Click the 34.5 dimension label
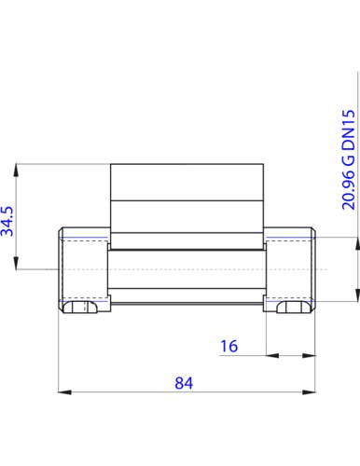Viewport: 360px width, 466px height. tap(7, 221)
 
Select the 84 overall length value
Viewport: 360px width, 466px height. tap(184, 383)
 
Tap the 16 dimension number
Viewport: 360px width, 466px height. tap(229, 346)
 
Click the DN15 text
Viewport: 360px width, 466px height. tap(348, 130)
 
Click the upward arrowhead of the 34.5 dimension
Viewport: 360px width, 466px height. tap(16, 171)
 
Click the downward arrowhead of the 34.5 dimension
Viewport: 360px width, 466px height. tap(16, 263)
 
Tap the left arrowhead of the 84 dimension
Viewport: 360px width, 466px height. tap(65, 392)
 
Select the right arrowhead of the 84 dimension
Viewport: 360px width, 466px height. tap(309, 392)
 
